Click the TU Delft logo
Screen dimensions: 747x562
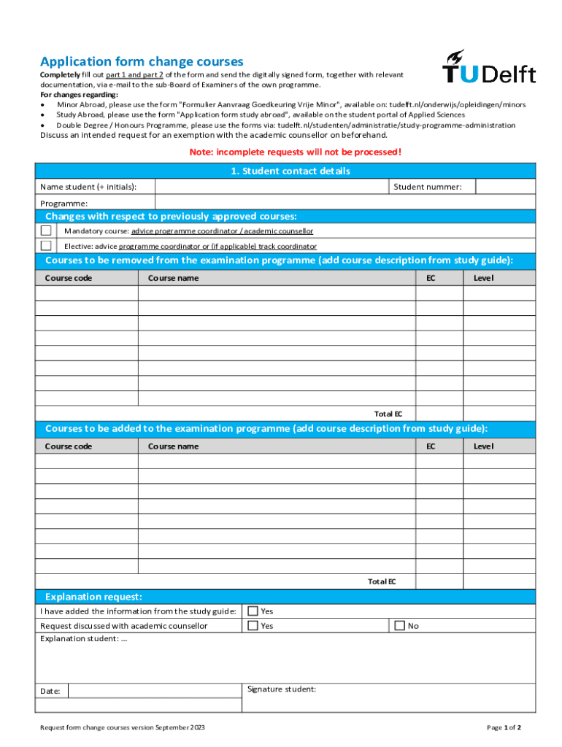click(488, 67)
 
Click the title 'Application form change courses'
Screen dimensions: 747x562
click(142, 62)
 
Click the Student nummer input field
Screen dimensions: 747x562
click(505, 187)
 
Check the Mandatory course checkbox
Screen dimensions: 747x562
click(46, 231)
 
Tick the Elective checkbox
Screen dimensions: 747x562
click(46, 246)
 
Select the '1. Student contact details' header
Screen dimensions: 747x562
click(285, 171)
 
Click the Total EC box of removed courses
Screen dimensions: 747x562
click(439, 414)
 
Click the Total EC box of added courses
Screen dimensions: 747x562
click(439, 581)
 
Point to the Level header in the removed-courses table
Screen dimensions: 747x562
click(483, 278)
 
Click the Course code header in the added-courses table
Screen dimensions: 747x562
click(69, 446)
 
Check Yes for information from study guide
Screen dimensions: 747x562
click(253, 611)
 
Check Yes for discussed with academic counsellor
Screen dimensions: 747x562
click(253, 625)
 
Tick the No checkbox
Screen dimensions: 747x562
click(399, 625)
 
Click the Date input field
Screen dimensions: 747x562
click(154, 691)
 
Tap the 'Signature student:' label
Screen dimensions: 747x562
click(282, 689)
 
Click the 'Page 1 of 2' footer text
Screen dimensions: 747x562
click(504, 727)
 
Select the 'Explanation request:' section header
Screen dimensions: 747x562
click(93, 597)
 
